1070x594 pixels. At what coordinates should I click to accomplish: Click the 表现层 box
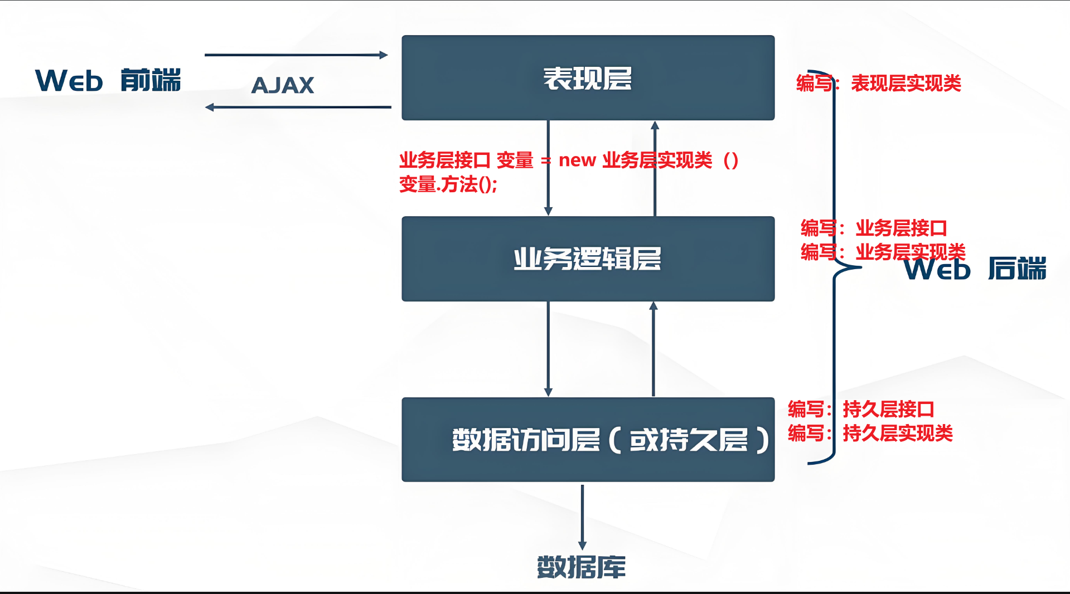click(588, 78)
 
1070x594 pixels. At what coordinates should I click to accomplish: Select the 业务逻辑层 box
click(588, 259)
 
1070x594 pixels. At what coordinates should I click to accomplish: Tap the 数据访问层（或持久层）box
click(588, 440)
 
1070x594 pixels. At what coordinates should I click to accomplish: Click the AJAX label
click(283, 86)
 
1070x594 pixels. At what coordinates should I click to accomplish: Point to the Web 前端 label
click(108, 81)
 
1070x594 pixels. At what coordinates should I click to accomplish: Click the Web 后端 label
click(975, 269)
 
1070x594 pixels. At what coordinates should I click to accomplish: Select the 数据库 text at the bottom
click(581, 567)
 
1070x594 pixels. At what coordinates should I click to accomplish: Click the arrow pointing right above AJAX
click(296, 55)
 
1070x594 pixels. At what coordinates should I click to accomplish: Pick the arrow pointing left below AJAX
click(298, 107)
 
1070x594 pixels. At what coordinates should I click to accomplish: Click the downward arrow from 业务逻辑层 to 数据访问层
click(548, 348)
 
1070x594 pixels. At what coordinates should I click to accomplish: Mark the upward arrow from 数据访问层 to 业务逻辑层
click(653, 348)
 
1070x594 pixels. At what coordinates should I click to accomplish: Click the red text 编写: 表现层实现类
click(879, 84)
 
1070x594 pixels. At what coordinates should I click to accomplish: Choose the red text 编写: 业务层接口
click(874, 228)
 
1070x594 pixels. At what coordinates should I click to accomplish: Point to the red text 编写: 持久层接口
click(861, 410)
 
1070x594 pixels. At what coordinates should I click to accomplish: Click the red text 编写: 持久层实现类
click(870, 433)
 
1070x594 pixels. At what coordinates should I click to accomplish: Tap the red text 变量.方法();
click(448, 184)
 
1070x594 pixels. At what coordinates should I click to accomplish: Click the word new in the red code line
click(577, 160)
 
